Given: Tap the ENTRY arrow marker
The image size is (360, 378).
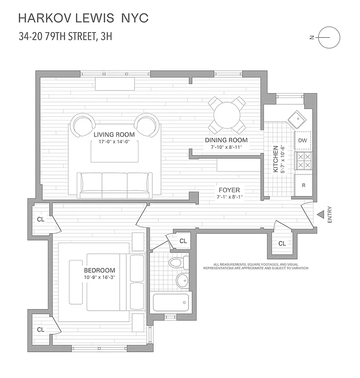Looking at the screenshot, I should click(320, 215).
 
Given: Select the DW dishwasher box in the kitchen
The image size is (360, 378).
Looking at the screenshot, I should click(302, 140).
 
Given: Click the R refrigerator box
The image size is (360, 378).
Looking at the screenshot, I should click(302, 185).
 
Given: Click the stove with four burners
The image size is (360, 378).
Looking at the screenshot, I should click(302, 161).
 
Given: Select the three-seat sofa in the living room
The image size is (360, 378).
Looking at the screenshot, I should click(115, 185).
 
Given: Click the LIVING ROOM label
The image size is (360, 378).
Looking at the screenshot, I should click(114, 134).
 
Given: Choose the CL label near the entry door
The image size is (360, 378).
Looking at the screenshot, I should click(282, 244).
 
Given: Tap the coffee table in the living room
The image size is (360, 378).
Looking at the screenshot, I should click(114, 151).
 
